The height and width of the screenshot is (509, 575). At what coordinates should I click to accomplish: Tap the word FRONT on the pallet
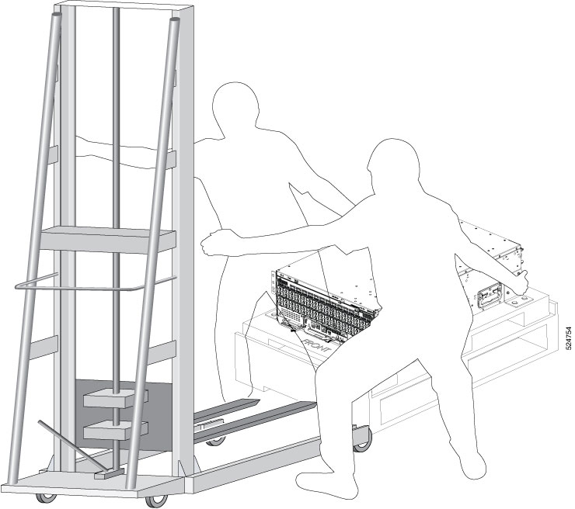click(x=316, y=345)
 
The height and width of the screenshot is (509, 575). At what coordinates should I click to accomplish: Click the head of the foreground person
click(x=395, y=164)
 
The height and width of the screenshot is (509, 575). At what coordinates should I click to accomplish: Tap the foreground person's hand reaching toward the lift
click(x=213, y=243)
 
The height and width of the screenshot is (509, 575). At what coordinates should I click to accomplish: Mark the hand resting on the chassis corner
click(x=520, y=281)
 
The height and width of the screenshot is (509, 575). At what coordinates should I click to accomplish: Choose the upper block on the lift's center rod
click(x=116, y=398)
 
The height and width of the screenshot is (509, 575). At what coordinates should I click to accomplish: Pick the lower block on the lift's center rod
click(x=116, y=430)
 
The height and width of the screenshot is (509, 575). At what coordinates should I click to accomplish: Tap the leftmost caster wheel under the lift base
click(x=47, y=499)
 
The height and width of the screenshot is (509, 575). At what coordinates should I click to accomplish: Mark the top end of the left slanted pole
click(x=57, y=16)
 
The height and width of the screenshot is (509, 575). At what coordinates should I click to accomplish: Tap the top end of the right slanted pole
click(x=176, y=19)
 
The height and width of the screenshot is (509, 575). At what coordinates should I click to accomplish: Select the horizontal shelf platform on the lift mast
click(x=106, y=240)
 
